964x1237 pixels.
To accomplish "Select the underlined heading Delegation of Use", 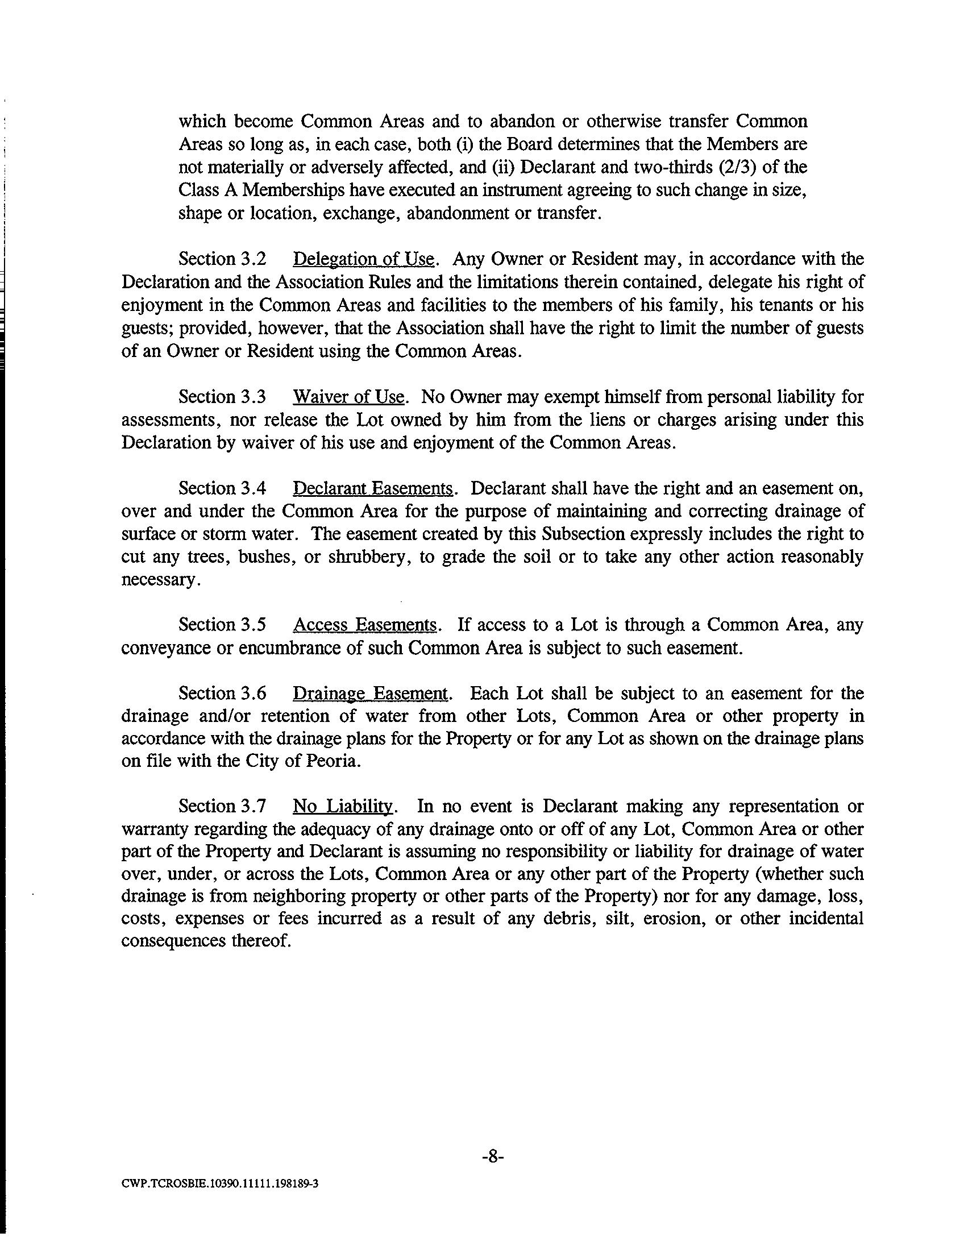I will pos(364,259).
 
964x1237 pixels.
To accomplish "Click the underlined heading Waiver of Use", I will pos(349,397).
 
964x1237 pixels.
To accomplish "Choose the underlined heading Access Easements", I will pos(366,625).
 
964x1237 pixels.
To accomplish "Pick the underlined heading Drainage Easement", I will pos(371,694).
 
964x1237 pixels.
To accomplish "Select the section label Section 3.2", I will pos(222,259).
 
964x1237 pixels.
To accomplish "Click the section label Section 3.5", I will pos(222,625).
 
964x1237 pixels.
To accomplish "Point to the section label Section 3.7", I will pos(222,806).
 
